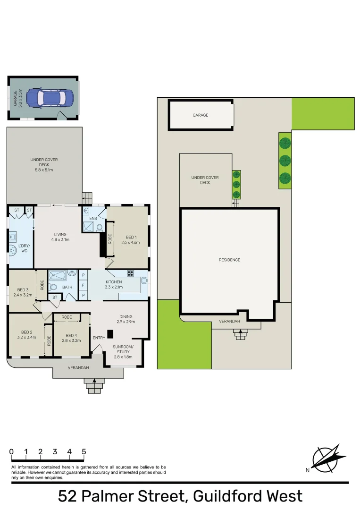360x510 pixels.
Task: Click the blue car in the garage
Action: (50, 98)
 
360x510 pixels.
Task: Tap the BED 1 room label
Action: (131, 237)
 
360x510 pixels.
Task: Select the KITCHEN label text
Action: (114, 282)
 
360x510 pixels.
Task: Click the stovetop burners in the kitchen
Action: (130, 273)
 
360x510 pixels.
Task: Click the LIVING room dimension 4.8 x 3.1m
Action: (60, 239)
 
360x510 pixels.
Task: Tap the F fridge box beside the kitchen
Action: (83, 285)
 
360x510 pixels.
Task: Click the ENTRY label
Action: (99, 338)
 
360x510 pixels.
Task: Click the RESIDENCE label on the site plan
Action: (229, 260)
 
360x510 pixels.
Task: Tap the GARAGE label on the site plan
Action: (200, 115)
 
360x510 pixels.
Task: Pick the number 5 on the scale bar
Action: (84, 451)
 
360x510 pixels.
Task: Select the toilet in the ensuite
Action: (100, 228)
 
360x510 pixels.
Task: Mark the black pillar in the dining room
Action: (110, 334)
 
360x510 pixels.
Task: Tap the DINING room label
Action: (126, 316)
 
